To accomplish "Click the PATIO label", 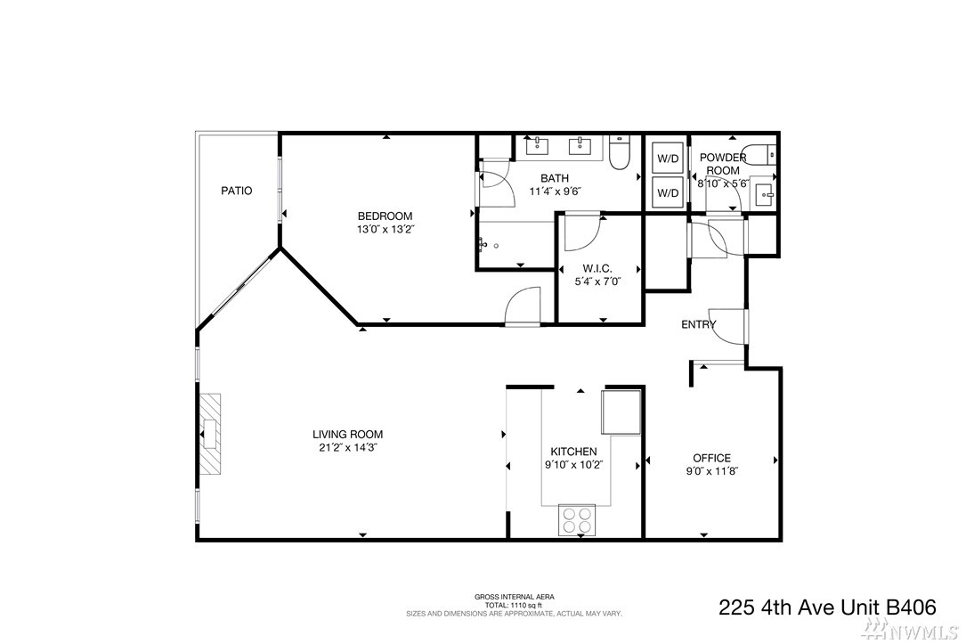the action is (237, 191).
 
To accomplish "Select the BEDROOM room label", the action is (385, 216).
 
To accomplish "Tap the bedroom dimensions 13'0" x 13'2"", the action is (385, 230).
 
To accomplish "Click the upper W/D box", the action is (668, 159).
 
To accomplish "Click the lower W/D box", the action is (668, 193).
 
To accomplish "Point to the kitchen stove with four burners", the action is (577, 519).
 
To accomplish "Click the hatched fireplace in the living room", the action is (209, 434).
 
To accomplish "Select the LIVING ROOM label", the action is (347, 435).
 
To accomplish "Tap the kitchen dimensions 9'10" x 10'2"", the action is (573, 465).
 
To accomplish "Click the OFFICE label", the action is (712, 458).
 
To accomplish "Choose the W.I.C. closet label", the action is (597, 269).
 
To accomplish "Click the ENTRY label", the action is (699, 325).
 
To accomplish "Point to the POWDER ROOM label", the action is (723, 165).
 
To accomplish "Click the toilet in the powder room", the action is (759, 154).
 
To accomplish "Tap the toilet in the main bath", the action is (618, 153).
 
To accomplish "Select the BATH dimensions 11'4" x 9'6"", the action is (555, 191).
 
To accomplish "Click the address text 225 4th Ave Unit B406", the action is (827, 607).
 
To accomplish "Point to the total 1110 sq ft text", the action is (514, 605).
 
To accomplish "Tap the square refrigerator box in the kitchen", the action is (621, 412).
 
